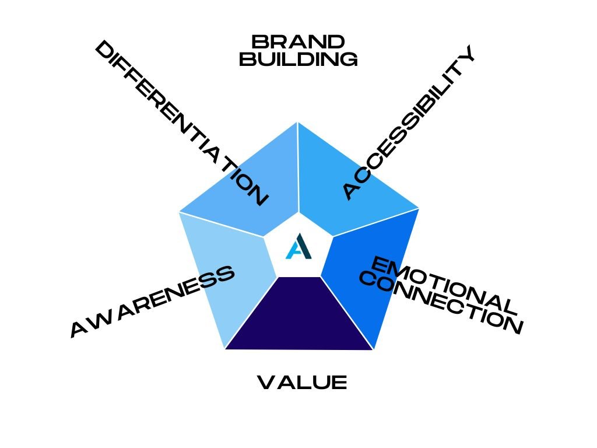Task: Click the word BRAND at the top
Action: (x=298, y=43)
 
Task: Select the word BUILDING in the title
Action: (x=298, y=60)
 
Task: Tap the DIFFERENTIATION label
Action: (x=181, y=123)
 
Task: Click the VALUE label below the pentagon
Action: (x=302, y=383)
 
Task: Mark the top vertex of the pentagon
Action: (x=298, y=121)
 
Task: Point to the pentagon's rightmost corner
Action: (x=419, y=208)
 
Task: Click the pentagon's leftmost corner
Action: (x=178, y=211)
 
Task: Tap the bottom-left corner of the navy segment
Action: (x=225, y=349)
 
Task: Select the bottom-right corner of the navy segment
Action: (x=373, y=349)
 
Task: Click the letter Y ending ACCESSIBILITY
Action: (x=466, y=54)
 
